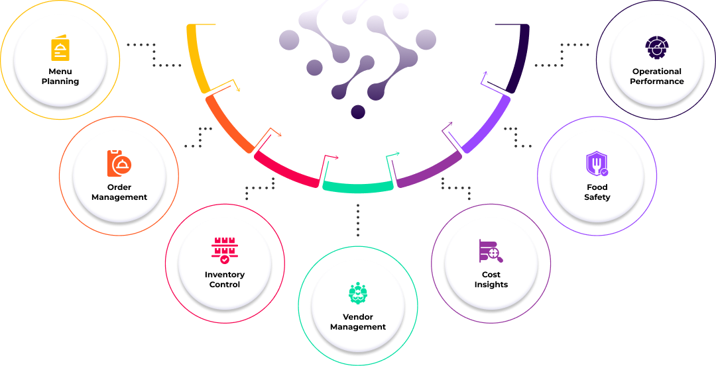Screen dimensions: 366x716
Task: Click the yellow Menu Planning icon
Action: pyautogui.click(x=60, y=48)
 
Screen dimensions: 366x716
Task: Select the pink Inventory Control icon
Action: pyautogui.click(x=225, y=250)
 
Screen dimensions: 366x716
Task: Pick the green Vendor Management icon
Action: pyautogui.click(x=358, y=293)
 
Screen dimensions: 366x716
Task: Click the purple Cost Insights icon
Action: pyautogui.click(x=491, y=251)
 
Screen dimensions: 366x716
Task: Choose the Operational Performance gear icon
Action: pyautogui.click(x=657, y=48)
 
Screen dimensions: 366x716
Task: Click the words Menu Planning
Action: pyautogui.click(x=60, y=76)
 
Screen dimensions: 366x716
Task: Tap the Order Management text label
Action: pyautogui.click(x=119, y=192)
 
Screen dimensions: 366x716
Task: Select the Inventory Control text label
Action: pyautogui.click(x=225, y=279)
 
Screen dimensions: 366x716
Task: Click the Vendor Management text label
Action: pyautogui.click(x=358, y=322)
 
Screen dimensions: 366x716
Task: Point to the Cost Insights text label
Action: pyautogui.click(x=491, y=279)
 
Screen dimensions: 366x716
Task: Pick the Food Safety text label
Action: pyautogui.click(x=597, y=192)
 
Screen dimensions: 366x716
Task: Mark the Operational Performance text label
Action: pyautogui.click(x=657, y=76)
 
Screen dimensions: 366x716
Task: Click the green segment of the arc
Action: pyautogui.click(x=358, y=187)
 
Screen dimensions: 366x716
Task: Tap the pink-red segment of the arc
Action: pyautogui.click(x=285, y=169)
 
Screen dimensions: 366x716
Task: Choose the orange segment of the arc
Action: pyautogui.click(x=227, y=124)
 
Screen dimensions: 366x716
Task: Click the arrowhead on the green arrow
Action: pyautogui.click(x=398, y=154)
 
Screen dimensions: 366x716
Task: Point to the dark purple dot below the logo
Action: pyautogui.click(x=358, y=112)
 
